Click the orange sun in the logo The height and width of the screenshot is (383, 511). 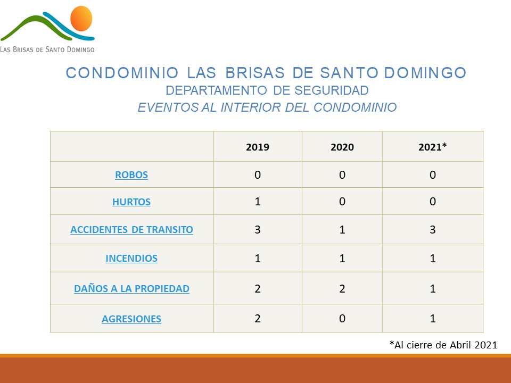pyautogui.click(x=81, y=18)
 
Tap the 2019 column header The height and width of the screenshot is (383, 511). pyautogui.click(x=258, y=147)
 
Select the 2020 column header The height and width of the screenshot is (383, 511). pyautogui.click(x=342, y=147)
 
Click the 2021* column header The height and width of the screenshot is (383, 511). pyautogui.click(x=432, y=147)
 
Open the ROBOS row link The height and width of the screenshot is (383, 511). pyautogui.click(x=131, y=175)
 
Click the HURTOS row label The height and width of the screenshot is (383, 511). pyautogui.click(x=131, y=202)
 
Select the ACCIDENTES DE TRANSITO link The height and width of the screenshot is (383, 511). pyautogui.click(x=131, y=230)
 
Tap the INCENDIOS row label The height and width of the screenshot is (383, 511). pyautogui.click(x=131, y=259)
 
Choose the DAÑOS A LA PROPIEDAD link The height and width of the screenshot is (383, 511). pyautogui.click(x=131, y=288)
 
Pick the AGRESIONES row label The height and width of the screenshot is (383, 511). pyautogui.click(x=131, y=319)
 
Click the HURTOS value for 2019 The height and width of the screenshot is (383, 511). pyautogui.click(x=258, y=201)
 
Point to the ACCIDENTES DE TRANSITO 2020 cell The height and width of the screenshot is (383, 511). pyautogui.click(x=342, y=230)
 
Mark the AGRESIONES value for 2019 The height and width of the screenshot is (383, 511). pyautogui.click(x=258, y=318)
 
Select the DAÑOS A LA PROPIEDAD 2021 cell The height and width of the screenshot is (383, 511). pyautogui.click(x=432, y=288)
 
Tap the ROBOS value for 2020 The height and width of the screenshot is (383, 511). pyautogui.click(x=342, y=174)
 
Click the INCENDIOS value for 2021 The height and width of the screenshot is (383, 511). pyautogui.click(x=432, y=259)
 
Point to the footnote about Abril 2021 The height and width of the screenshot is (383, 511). pyautogui.click(x=443, y=345)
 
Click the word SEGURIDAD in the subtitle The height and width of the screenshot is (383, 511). pyautogui.click(x=332, y=90)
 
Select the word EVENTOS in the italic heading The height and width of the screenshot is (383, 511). pyautogui.click(x=168, y=107)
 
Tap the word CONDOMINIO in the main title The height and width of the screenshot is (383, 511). pyautogui.click(x=122, y=73)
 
